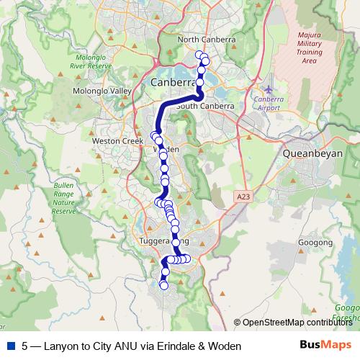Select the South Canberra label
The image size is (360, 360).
point(206,106)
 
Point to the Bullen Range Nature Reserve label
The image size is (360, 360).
point(63,198)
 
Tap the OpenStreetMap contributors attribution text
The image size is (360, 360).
point(297,323)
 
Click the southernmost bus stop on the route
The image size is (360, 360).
point(163,286)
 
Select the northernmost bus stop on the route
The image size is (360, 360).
point(199,54)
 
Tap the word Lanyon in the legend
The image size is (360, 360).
point(58,346)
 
